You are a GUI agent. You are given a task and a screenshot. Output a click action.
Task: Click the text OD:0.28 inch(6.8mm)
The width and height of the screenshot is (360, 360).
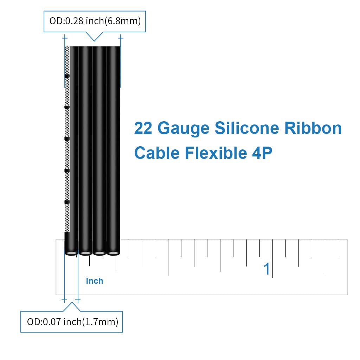[x=94, y=21]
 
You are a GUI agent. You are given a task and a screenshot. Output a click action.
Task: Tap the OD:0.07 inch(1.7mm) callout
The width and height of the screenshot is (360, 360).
[x=72, y=321]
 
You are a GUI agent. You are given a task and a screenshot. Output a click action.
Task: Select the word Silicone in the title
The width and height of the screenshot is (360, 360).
[x=247, y=129]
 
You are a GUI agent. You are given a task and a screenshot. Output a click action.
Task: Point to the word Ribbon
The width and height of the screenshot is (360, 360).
[x=313, y=129]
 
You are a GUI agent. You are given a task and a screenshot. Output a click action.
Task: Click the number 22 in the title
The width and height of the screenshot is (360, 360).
[x=142, y=129]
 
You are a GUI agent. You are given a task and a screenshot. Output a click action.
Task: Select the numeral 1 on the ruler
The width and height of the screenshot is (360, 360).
[x=267, y=269]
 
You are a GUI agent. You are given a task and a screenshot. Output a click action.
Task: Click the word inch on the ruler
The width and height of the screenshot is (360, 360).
[x=95, y=281]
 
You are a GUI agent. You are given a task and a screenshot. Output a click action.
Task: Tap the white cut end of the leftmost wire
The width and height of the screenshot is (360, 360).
[x=71, y=253]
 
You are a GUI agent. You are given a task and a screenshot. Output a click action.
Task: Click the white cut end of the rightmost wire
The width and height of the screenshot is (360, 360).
[x=113, y=253]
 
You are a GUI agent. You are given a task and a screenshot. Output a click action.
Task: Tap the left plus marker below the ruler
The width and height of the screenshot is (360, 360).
[x=64, y=300]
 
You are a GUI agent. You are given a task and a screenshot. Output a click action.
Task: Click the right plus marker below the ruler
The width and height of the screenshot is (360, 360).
[x=78, y=300]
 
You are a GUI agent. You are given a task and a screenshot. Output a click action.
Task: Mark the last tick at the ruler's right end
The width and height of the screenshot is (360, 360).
[x=338, y=248]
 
